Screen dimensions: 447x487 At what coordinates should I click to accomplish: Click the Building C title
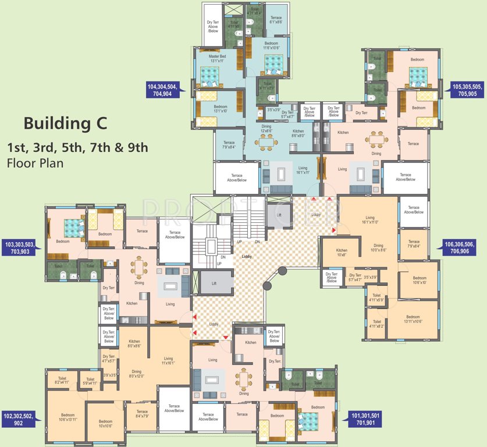(x=65, y=123)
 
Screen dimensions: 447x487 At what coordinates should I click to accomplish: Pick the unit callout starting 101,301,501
(x=365, y=419)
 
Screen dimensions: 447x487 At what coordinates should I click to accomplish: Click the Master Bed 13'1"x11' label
(x=221, y=58)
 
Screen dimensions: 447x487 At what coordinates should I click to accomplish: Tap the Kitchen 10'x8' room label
(x=342, y=253)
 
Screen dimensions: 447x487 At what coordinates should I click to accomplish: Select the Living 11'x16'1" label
(x=168, y=361)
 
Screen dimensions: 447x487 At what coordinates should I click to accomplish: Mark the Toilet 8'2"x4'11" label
(x=63, y=380)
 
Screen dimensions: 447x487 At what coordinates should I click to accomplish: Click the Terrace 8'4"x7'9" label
(x=143, y=414)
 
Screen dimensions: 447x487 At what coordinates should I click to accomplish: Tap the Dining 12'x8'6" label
(x=266, y=129)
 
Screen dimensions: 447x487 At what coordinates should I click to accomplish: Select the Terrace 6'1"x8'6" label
(x=275, y=20)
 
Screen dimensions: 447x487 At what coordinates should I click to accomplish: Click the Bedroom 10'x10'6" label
(x=105, y=424)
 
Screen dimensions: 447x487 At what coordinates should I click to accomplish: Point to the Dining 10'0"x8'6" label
(x=378, y=248)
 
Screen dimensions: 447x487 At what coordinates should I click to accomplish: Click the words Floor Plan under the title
(x=35, y=162)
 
